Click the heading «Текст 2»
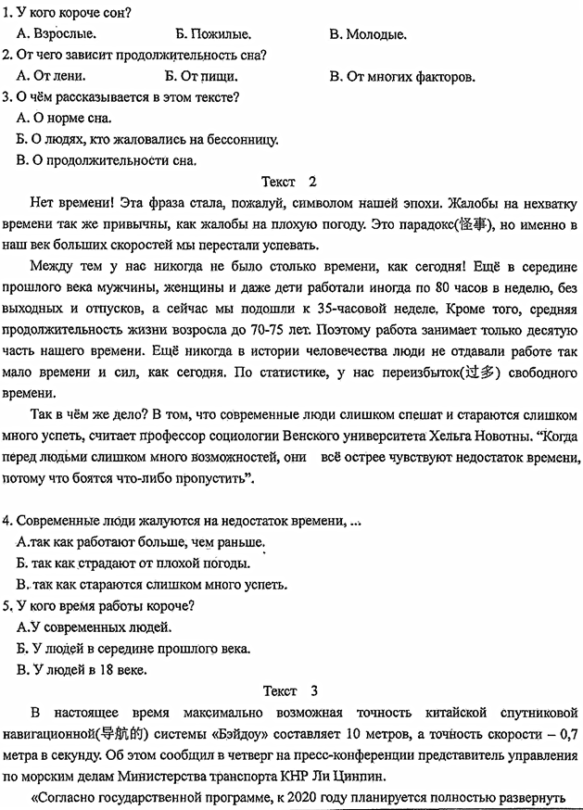point(289,182)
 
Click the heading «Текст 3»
point(289,690)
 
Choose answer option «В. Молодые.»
point(368,34)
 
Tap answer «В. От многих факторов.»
point(402,77)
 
